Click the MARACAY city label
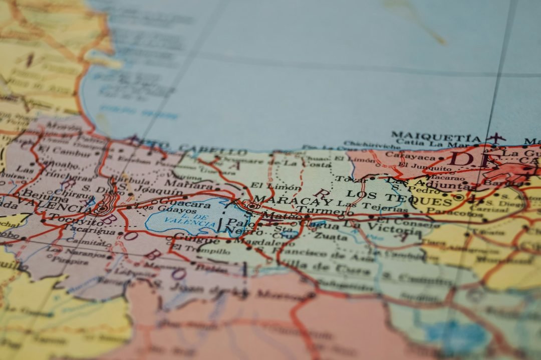click(293, 201)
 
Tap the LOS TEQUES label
click(399, 197)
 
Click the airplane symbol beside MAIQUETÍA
click(495, 137)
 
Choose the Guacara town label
click(185, 204)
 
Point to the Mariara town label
click(182, 184)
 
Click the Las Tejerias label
click(362, 204)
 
